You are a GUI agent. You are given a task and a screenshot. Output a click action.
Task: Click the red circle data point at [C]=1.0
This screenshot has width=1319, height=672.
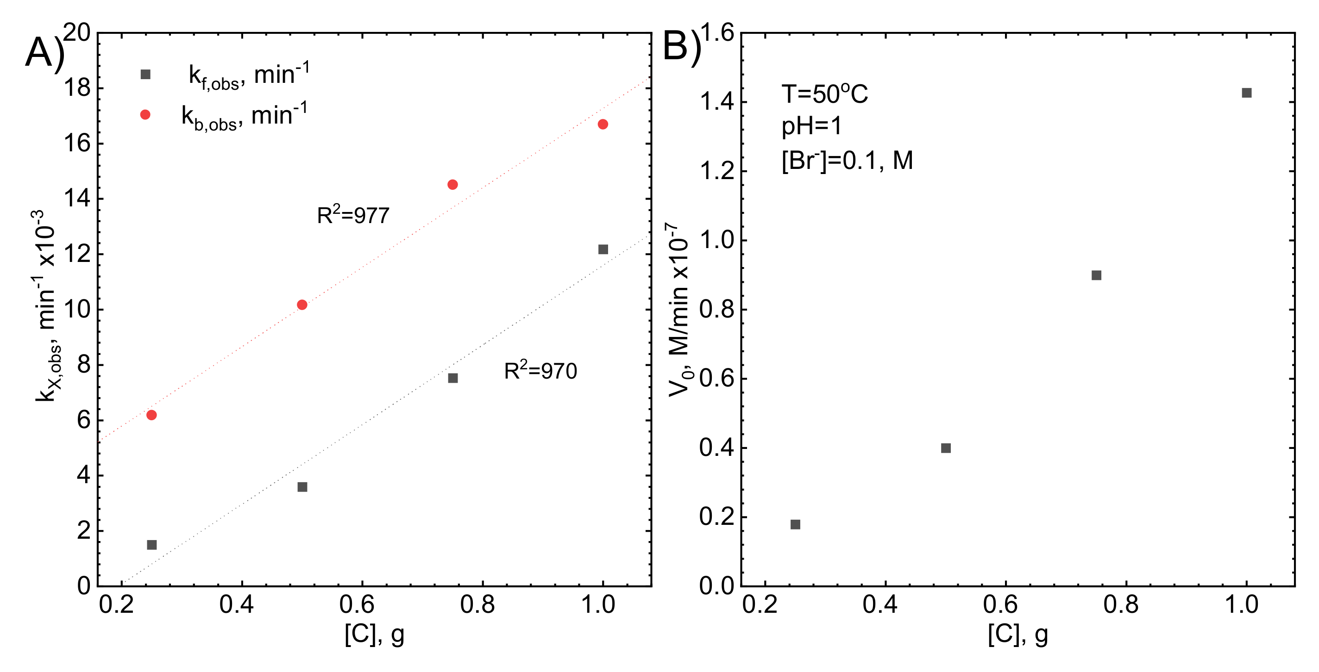coord(603,124)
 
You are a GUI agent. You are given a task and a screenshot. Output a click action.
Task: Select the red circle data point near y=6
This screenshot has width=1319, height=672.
coord(151,415)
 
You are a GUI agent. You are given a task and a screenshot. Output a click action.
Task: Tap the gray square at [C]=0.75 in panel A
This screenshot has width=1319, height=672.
coord(452,378)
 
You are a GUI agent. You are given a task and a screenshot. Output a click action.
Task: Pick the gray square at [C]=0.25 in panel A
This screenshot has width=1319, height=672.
coord(151,545)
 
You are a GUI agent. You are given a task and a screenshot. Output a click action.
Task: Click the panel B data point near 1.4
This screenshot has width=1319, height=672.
coord(1247,93)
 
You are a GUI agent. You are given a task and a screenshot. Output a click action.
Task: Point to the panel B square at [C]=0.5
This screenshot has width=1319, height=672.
coord(946,448)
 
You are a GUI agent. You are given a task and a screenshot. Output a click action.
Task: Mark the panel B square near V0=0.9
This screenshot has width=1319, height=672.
coord(1096,275)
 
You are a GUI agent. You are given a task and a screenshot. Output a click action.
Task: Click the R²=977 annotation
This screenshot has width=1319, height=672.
coord(353,215)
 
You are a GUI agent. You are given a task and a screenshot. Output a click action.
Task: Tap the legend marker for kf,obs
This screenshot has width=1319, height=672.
coord(145,75)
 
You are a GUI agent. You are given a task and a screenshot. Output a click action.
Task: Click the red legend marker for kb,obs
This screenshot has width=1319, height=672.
coord(145,115)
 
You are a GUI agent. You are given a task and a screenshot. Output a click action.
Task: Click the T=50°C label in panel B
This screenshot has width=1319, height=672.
coord(824,94)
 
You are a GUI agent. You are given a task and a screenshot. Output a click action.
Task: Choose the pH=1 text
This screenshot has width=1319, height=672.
coord(811,126)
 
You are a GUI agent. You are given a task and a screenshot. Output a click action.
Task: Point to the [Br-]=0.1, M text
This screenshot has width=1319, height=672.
coord(847,161)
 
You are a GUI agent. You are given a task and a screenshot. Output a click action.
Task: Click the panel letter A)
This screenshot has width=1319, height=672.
coord(45,52)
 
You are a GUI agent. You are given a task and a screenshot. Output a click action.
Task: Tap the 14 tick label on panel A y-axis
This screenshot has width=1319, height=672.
coord(77,199)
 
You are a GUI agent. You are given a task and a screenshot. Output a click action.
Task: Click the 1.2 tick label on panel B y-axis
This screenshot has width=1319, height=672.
coord(717,171)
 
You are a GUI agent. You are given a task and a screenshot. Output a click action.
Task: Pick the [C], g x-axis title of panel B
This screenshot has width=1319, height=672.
coord(1018,635)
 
